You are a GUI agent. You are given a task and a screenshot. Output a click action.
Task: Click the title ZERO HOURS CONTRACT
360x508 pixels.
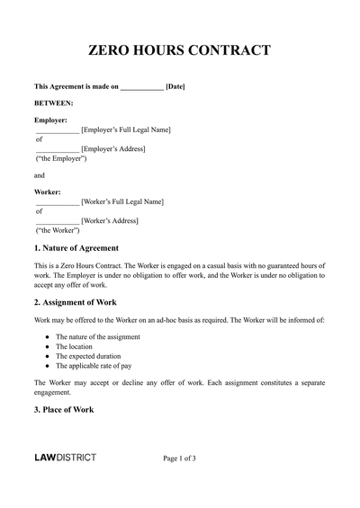point(179,50)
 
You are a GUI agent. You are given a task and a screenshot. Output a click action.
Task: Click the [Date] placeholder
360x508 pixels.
point(175,87)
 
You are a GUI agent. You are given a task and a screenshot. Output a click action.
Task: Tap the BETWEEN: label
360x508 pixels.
point(53,103)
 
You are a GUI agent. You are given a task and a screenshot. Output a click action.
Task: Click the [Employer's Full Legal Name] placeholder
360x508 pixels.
point(125,129)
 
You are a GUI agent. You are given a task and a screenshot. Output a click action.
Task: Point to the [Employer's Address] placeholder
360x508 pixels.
point(112,148)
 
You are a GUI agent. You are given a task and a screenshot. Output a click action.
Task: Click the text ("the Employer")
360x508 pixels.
point(61,158)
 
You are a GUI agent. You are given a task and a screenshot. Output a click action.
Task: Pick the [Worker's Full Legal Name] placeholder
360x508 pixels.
point(122,201)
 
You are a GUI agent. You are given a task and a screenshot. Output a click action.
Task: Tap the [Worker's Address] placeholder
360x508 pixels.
point(110,220)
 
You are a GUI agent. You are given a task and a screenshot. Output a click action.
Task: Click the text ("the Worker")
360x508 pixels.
point(58,230)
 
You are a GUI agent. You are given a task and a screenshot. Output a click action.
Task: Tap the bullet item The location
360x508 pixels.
point(75,346)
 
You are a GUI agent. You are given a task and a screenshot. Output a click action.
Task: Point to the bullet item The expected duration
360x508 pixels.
point(88,356)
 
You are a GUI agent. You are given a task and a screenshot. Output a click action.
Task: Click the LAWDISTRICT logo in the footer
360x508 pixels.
point(65,459)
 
